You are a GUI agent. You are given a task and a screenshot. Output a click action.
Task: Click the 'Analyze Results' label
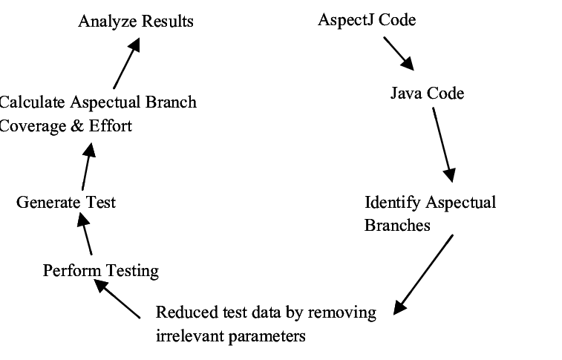[135, 21]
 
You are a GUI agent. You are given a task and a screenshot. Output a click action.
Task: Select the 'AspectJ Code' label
[366, 20]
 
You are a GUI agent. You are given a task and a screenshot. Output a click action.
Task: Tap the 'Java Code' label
[427, 93]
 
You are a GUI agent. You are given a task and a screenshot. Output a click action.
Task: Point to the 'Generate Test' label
[66, 202]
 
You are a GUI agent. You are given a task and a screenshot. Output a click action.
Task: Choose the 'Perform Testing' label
[100, 270]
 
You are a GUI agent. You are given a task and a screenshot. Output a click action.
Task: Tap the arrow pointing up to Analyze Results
[126, 65]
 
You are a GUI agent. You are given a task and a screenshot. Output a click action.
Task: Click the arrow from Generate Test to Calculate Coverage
[86, 166]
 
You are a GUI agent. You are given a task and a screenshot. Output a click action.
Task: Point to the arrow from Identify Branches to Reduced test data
[424, 273]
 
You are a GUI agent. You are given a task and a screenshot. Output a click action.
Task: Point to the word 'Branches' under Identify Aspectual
[396, 225]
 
